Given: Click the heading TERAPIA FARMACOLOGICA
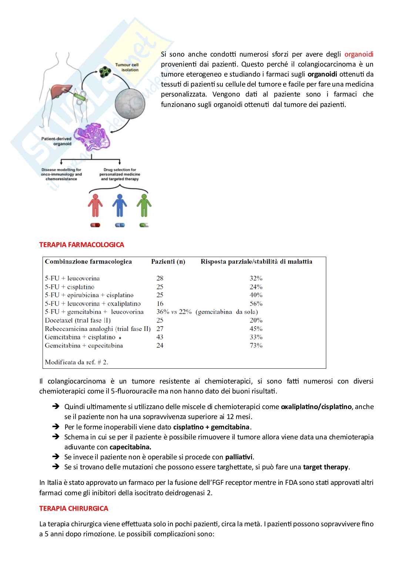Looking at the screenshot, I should tap(81, 245).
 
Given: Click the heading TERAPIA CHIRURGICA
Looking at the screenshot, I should tap(74, 509).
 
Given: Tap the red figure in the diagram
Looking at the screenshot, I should tap(95, 206).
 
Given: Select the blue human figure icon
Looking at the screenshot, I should tap(120, 206).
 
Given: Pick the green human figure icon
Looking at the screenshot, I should tap(144, 206).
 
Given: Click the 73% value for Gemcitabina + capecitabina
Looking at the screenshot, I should tap(256, 345).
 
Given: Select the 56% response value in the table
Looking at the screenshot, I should tap(256, 304).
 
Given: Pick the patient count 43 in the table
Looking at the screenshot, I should tap(160, 337).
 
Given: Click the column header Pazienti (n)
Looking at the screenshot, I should tap(168, 261).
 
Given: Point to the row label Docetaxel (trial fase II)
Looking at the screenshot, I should tap(78, 320).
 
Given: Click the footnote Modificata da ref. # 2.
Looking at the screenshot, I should tap(77, 362).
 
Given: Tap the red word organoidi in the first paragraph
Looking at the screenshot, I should tap(359, 54).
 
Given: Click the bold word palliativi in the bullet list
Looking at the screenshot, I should tap(239, 457).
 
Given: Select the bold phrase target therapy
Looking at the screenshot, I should tap(326, 467).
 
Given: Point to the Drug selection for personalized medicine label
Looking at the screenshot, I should tap(120, 175).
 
